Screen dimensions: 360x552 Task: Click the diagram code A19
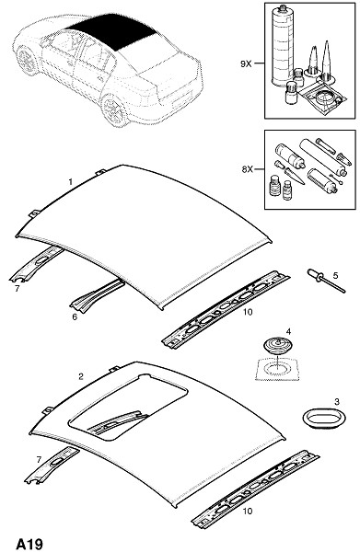point(29,544)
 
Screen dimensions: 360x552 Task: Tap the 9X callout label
point(246,63)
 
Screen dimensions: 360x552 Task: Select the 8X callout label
point(248,169)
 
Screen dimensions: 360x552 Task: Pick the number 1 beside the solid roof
point(71,181)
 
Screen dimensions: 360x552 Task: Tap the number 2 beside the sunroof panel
point(81,376)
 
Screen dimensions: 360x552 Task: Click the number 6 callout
point(75,316)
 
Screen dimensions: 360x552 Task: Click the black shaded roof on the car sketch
point(112,32)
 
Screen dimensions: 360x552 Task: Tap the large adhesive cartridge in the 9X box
point(283,46)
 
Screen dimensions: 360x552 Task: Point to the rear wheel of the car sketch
point(114,109)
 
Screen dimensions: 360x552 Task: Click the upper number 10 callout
point(248,312)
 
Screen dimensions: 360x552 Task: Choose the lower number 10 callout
point(248,511)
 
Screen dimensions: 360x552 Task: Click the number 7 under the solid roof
point(17,289)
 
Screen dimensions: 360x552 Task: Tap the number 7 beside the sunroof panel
point(39,460)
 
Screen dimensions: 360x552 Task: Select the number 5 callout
point(335,275)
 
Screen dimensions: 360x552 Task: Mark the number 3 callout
point(337,401)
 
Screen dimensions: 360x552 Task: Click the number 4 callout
point(288,331)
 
